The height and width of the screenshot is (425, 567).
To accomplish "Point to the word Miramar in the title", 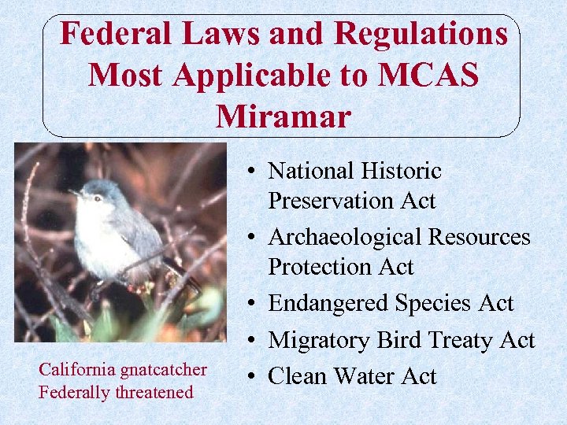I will [x=283, y=116].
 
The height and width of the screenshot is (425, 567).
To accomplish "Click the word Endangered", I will [x=330, y=303].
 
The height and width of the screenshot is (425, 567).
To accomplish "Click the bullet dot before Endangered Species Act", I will [x=249, y=304].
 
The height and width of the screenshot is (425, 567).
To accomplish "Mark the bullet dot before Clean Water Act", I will [x=249, y=376].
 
